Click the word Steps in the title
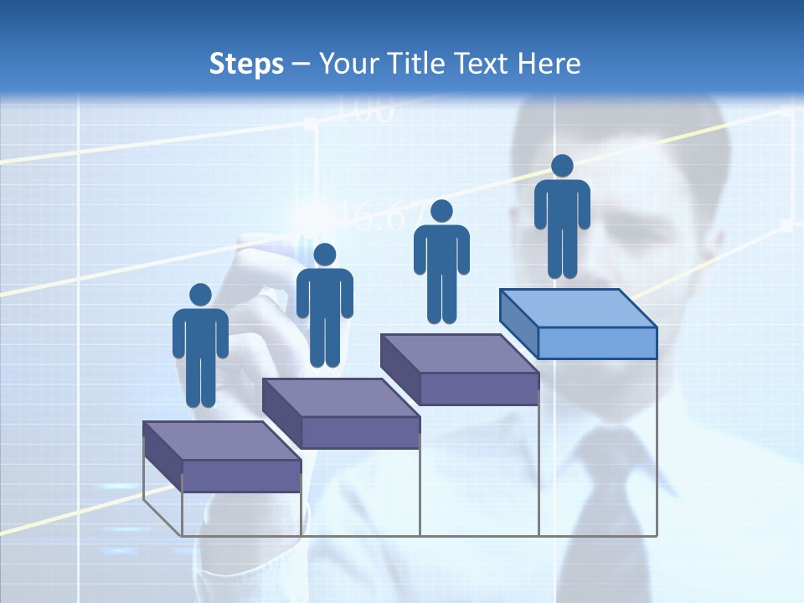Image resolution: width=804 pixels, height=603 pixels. [x=246, y=64]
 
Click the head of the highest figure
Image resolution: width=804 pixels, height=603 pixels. [x=562, y=166]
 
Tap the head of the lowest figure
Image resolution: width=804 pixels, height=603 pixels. [x=200, y=295]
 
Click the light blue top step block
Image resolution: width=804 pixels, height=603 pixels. [x=578, y=308]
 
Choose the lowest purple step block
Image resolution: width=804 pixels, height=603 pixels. [x=222, y=441]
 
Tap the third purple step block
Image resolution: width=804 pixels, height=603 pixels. [x=459, y=354]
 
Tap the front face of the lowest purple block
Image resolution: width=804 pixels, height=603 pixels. [x=241, y=476]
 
